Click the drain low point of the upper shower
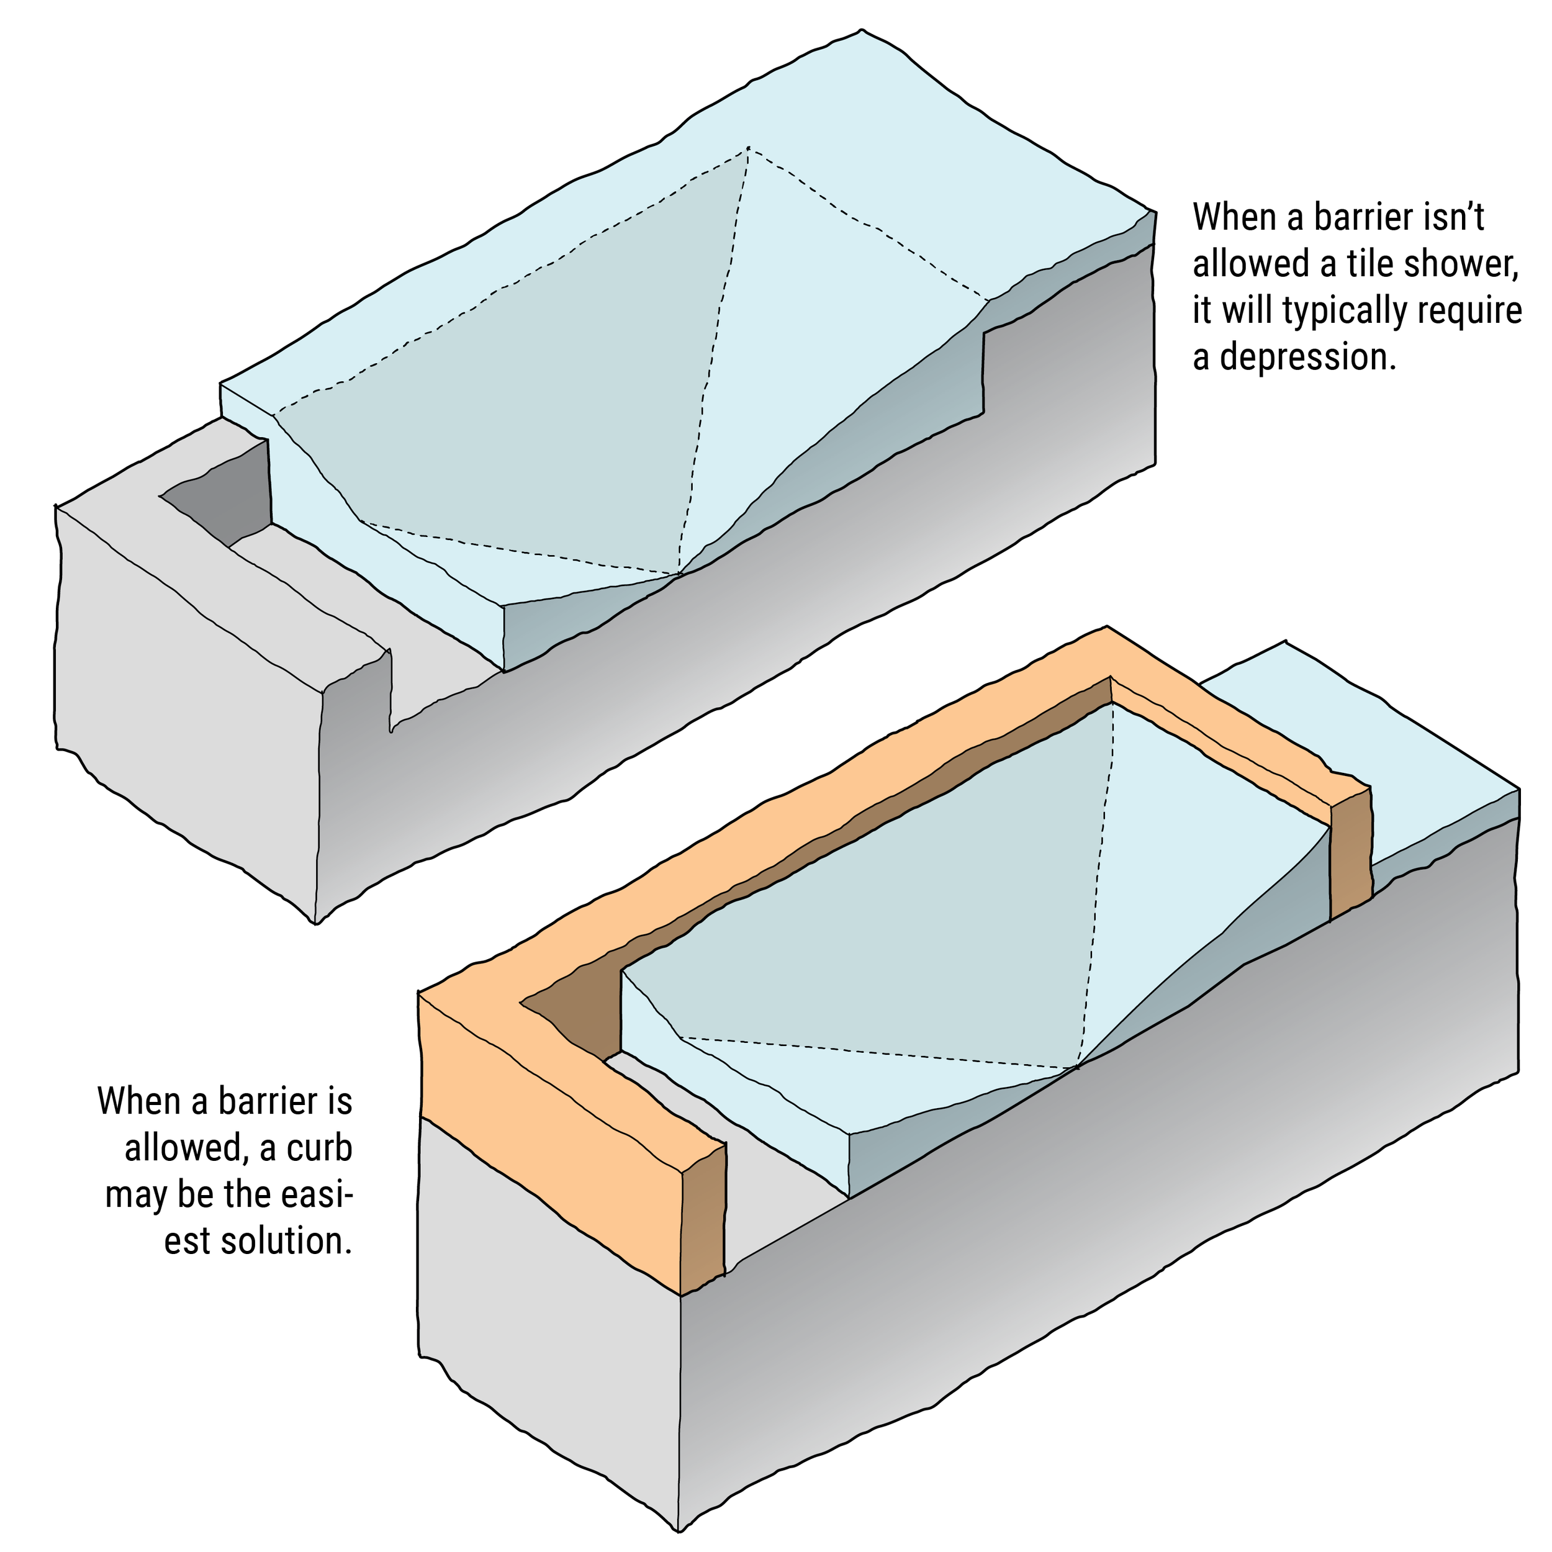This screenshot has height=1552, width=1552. tap(679, 574)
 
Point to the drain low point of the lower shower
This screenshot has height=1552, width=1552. tap(1076, 1068)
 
